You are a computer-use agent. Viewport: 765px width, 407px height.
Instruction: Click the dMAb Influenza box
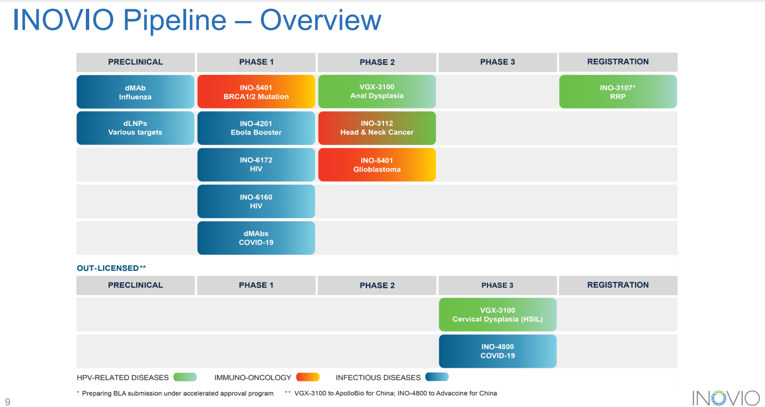pos(135,92)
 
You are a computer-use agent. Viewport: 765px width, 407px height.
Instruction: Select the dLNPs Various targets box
pos(135,128)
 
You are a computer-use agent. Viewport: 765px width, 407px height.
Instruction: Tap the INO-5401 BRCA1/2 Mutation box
pos(256,92)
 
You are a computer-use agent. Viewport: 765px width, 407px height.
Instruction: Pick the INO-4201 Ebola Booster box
pos(256,128)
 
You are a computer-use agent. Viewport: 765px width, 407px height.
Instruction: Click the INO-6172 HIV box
pos(256,164)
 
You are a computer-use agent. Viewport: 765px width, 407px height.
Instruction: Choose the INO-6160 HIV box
pos(256,201)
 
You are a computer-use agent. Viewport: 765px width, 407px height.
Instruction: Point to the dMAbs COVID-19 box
pos(256,238)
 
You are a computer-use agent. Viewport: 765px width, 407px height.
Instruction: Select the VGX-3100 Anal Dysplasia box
pos(377,91)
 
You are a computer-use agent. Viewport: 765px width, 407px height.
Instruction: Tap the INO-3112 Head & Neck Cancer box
pos(377,128)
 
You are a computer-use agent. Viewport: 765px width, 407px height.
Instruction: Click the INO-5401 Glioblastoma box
pos(377,164)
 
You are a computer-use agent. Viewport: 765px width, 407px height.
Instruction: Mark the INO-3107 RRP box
pos(618,91)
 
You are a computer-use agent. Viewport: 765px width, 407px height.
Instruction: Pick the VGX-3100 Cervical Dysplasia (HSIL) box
pos(497,315)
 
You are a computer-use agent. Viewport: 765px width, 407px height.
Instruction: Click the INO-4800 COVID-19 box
pos(497,351)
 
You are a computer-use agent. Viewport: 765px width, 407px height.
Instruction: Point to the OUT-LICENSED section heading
pos(111,268)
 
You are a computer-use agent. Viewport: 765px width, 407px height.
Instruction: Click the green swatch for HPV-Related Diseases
pos(185,377)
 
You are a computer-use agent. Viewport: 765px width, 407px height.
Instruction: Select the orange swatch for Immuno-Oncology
pos(308,377)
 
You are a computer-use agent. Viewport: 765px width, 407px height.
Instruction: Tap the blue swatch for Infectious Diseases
pos(437,377)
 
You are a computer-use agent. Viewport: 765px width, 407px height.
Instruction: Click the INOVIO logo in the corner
pos(726,398)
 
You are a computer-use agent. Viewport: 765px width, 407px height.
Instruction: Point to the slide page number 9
pos(8,401)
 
